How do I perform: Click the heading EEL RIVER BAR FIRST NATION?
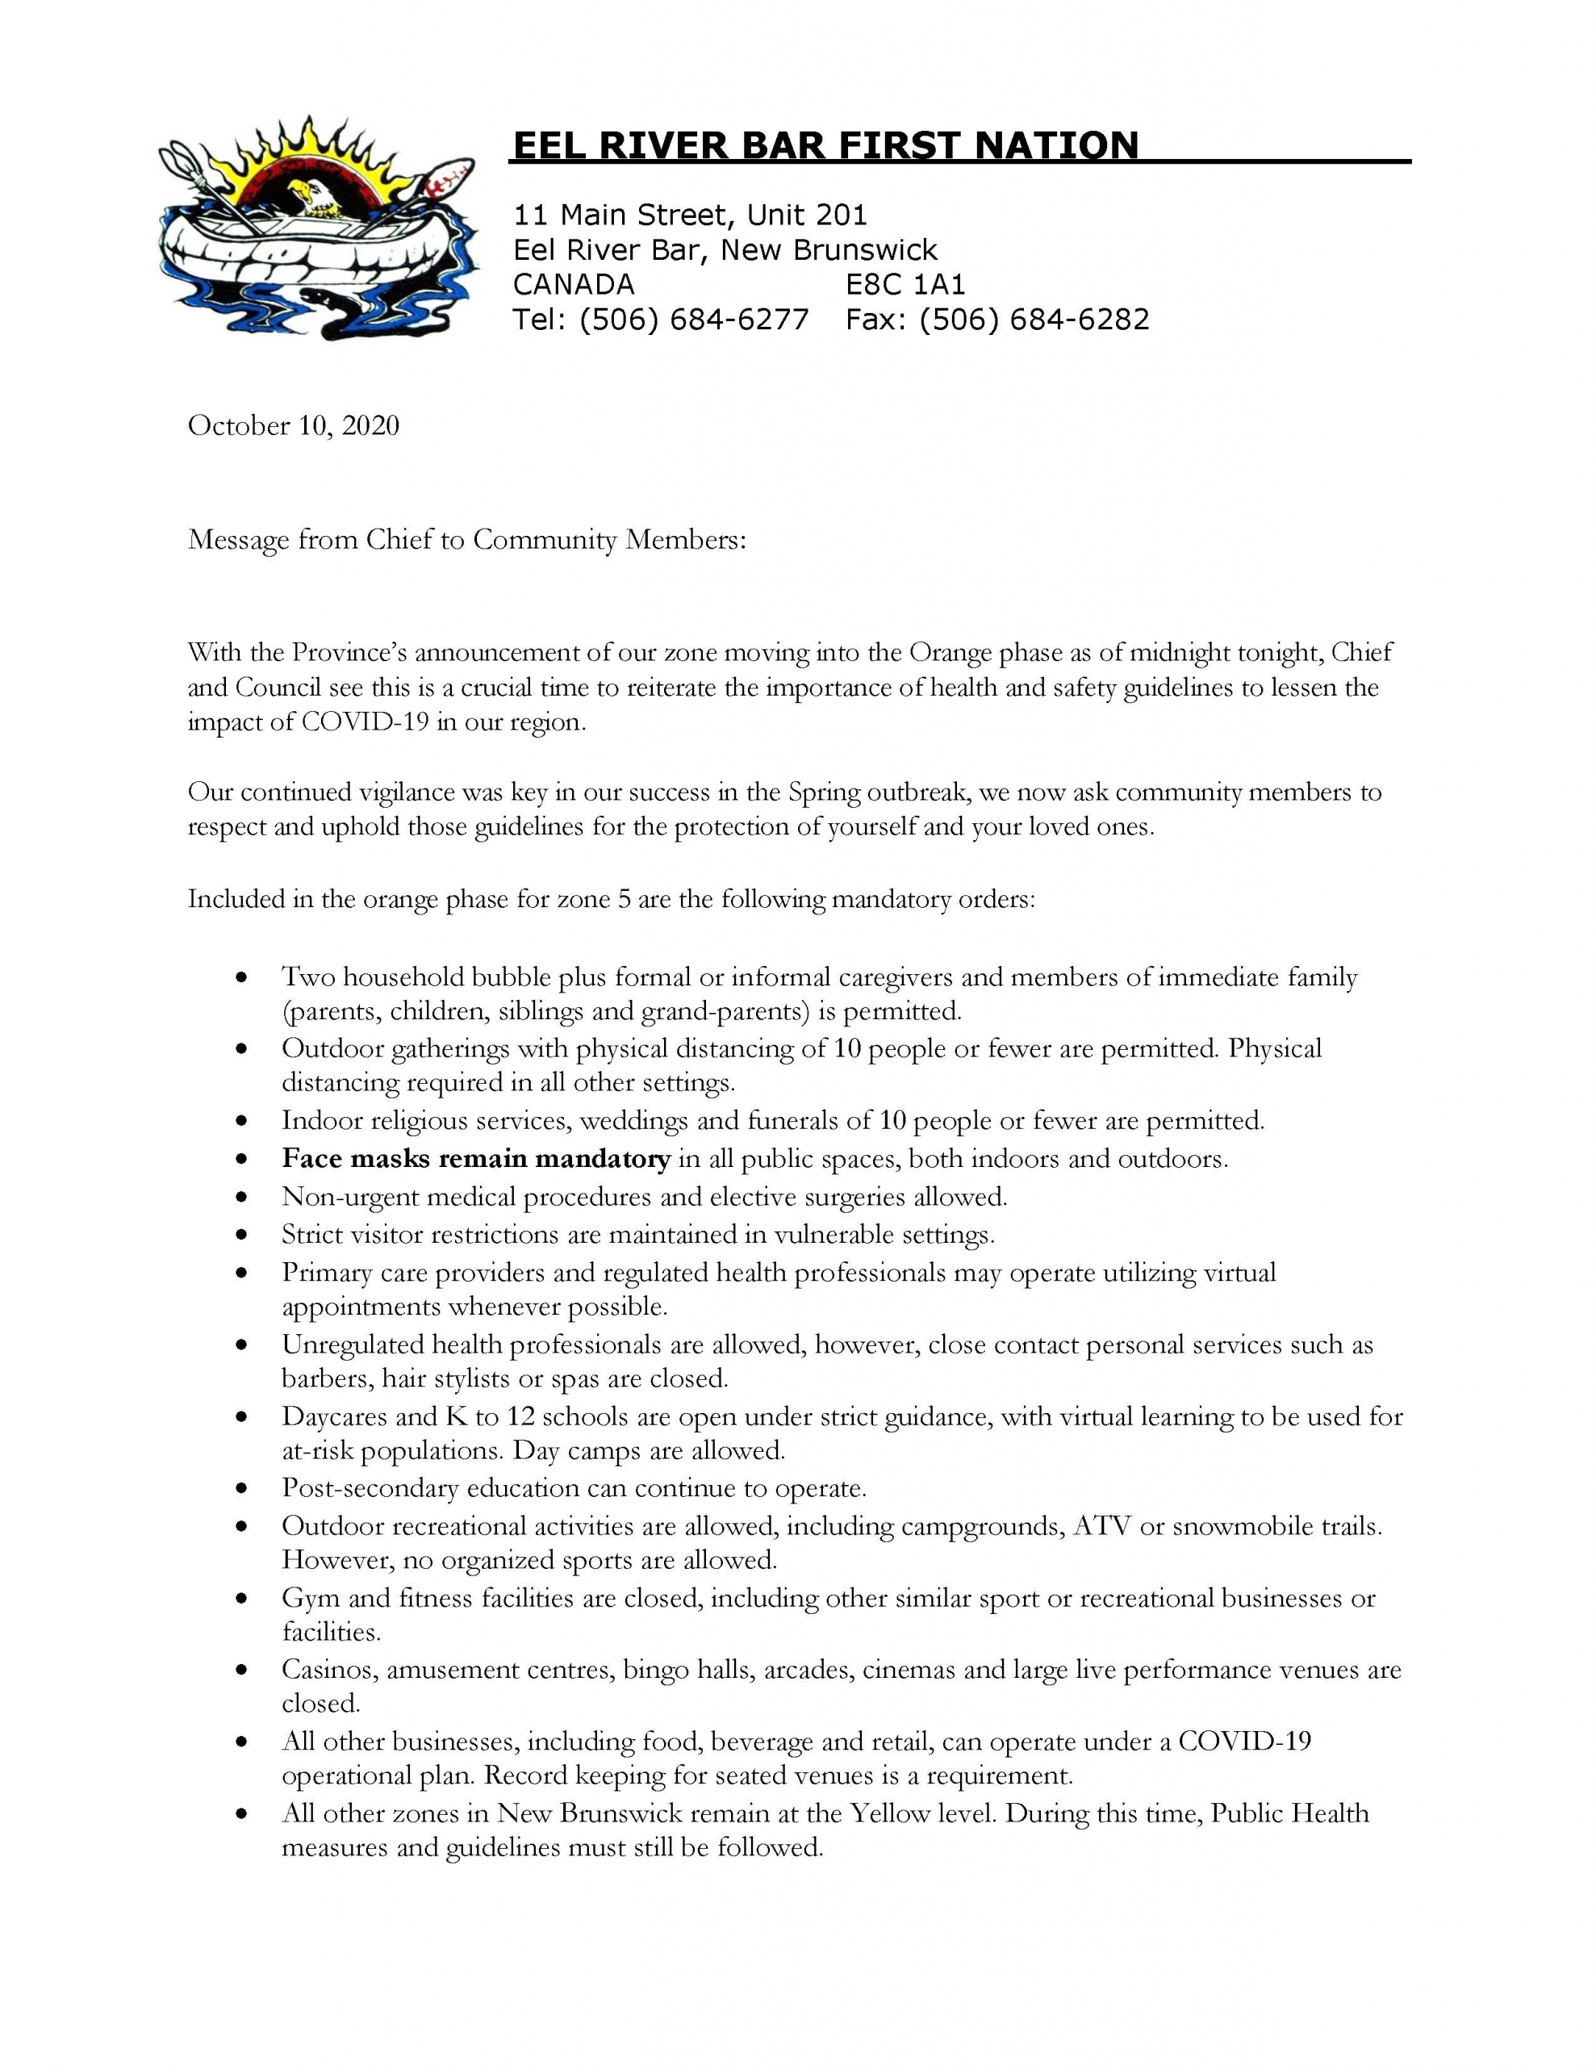(824, 146)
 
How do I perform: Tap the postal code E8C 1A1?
(905, 284)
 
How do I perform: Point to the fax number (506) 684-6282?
(1034, 319)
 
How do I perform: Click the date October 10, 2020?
(293, 425)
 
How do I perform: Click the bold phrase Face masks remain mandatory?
(476, 1159)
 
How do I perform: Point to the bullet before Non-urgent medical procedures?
(243, 1198)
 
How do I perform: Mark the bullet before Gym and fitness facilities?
(243, 1599)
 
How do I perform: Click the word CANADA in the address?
(574, 284)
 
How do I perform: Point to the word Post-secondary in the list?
(369, 1488)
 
